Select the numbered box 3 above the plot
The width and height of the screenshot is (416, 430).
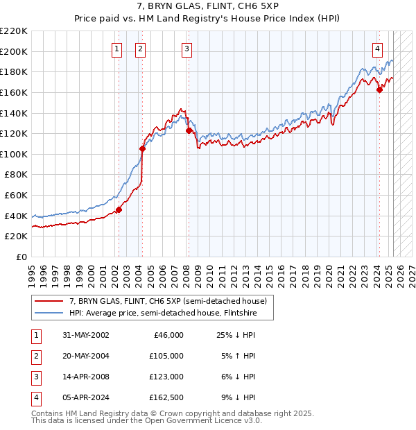pyautogui.click(x=187, y=49)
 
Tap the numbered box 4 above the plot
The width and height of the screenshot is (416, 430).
pyautogui.click(x=377, y=49)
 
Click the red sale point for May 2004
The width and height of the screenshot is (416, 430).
pyautogui.click(x=142, y=148)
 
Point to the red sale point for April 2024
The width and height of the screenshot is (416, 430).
pyautogui.click(x=379, y=89)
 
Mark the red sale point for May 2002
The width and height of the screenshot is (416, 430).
pyautogui.click(x=119, y=209)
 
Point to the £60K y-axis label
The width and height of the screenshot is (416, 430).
pyautogui.click(x=15, y=196)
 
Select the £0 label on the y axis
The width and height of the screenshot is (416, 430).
pyautogui.click(x=21, y=257)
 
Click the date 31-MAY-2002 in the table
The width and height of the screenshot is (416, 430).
pyautogui.click(x=85, y=335)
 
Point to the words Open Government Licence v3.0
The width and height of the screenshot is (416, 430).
pyautogui.click(x=208, y=420)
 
